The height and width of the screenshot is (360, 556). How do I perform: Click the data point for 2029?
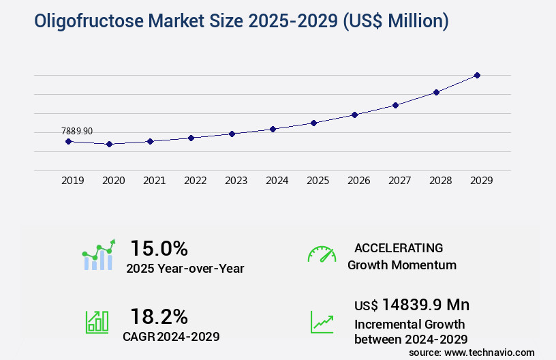(x=477, y=75)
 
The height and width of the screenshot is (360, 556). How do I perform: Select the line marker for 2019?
(x=68, y=141)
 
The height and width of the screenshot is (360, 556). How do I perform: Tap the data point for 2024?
(x=273, y=129)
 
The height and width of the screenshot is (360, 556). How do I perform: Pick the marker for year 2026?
(x=354, y=115)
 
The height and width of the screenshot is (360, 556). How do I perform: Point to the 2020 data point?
(x=109, y=145)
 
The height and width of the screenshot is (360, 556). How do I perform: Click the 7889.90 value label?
(x=76, y=131)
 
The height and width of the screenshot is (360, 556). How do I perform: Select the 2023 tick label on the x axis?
(x=236, y=181)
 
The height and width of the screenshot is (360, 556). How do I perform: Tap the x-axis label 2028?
(x=440, y=181)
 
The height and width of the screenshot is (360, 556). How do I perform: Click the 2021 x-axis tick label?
(x=154, y=181)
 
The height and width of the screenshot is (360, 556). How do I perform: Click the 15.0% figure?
(x=159, y=248)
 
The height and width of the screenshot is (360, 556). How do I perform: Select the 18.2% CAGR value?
(x=159, y=316)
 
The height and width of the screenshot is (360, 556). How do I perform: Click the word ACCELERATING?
(x=399, y=248)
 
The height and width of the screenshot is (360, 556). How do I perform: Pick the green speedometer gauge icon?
(x=322, y=254)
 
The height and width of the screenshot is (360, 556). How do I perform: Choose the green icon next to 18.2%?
(x=97, y=322)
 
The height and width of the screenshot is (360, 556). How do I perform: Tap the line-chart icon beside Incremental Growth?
(x=322, y=322)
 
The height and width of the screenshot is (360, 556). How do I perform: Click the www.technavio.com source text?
(x=489, y=352)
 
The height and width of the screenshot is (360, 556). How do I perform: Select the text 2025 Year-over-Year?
(x=185, y=269)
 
